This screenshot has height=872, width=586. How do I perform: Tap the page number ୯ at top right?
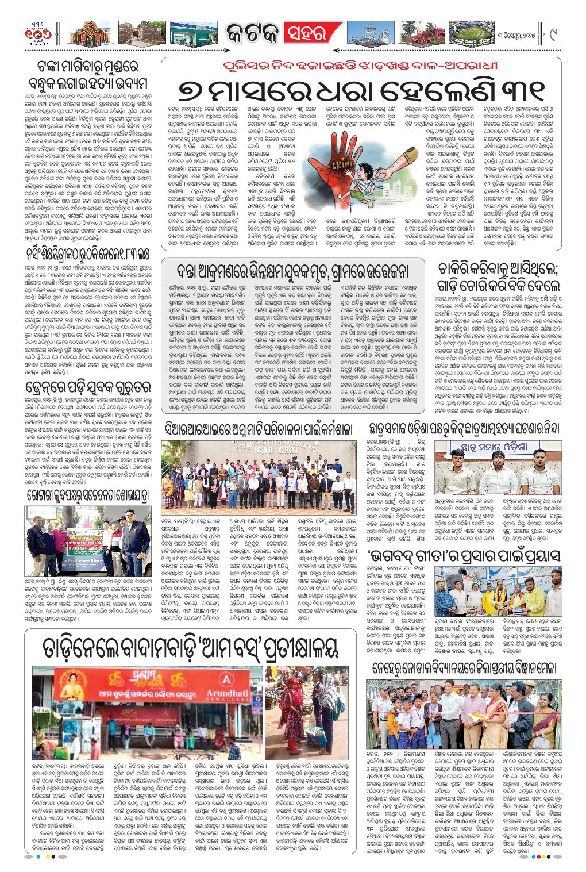click(x=553, y=34)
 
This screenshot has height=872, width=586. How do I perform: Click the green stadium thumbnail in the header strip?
click(x=469, y=34)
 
